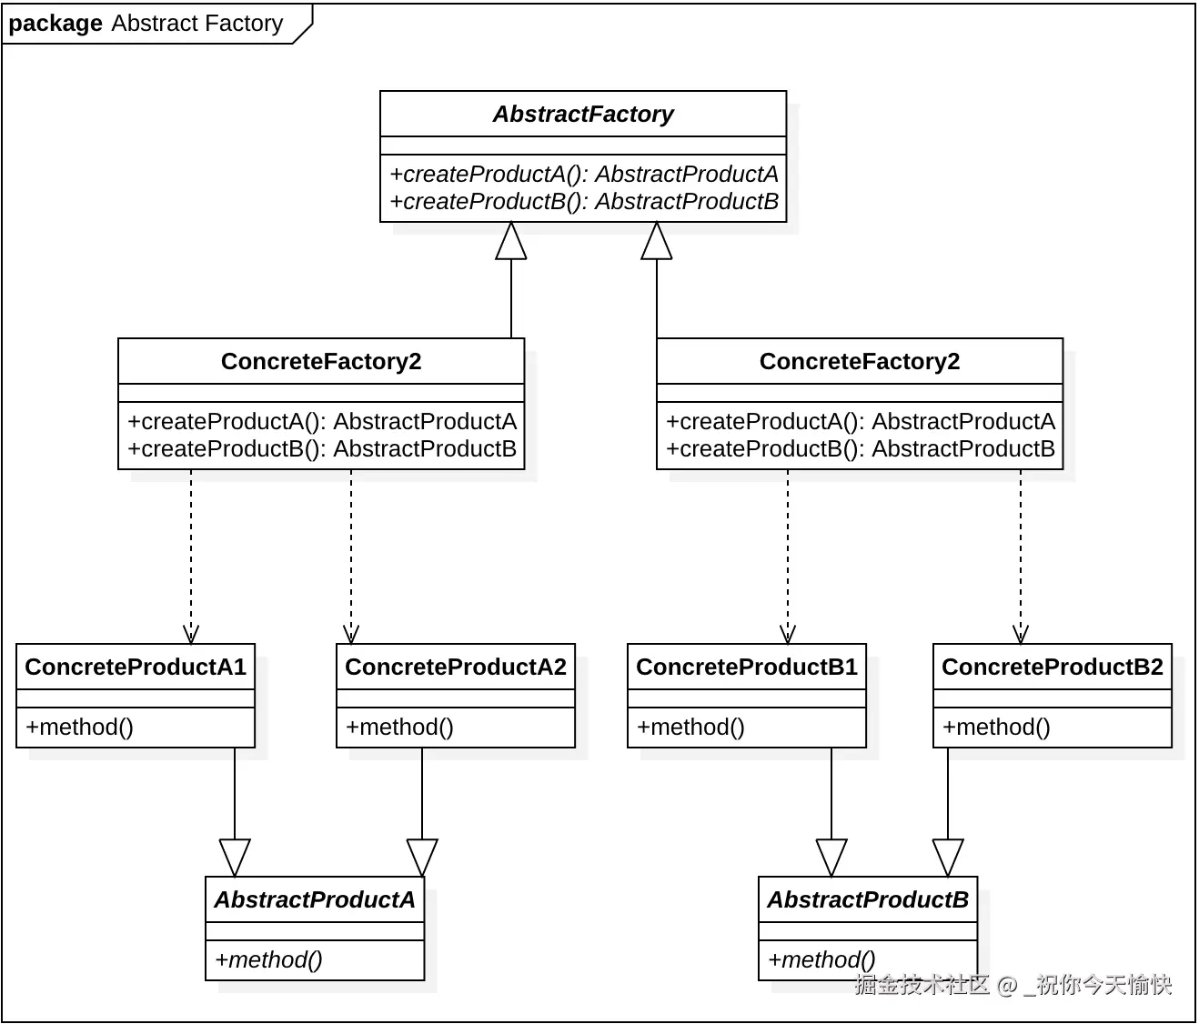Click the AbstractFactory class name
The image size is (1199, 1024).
pos(583,114)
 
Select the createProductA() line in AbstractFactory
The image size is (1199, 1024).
pos(583,174)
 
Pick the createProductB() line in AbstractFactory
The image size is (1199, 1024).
pos(583,201)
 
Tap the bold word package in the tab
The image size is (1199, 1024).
pos(55,24)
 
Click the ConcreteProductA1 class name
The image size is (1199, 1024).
pos(136,667)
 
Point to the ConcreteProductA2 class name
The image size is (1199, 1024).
pos(456,667)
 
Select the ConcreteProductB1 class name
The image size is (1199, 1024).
pos(747,667)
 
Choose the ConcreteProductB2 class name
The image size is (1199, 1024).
pos(1053,667)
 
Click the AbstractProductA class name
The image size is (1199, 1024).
pos(315,900)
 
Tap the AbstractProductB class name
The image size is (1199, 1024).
pos(868,900)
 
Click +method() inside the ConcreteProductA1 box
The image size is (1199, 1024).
pos(79,728)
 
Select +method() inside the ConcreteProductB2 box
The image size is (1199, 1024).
pos(996,728)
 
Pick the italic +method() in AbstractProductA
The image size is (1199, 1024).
pos(268,960)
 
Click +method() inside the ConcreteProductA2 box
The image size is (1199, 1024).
pos(399,728)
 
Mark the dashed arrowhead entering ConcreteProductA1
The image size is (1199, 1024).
pos(191,635)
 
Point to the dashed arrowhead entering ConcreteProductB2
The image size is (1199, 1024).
pos(1021,635)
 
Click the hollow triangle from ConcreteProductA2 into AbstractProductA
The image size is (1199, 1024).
pos(422,858)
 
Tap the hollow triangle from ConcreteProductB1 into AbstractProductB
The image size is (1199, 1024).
pos(831,858)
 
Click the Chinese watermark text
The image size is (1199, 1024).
pos(1013,985)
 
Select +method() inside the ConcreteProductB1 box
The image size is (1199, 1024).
pos(690,728)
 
